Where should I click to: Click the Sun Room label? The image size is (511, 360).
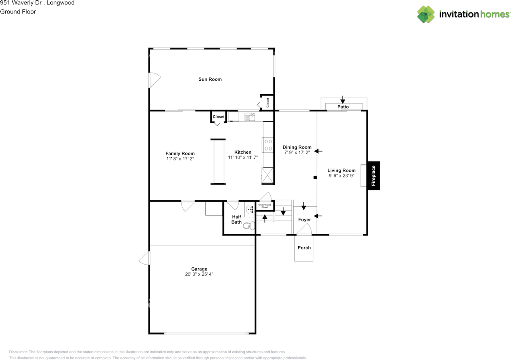click(x=210, y=79)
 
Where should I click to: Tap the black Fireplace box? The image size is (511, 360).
click(x=373, y=176)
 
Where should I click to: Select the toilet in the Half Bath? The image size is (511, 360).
click(x=249, y=225)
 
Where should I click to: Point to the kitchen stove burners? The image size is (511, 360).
click(x=268, y=145)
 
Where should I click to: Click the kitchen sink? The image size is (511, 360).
click(x=250, y=117)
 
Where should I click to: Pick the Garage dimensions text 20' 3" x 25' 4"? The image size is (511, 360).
click(x=199, y=274)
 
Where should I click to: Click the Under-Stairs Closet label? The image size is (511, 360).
click(x=265, y=206)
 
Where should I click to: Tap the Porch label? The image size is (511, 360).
click(x=304, y=248)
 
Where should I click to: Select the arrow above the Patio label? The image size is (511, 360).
click(x=343, y=99)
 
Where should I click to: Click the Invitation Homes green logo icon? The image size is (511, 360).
click(x=426, y=14)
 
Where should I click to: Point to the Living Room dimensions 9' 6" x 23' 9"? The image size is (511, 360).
click(x=341, y=176)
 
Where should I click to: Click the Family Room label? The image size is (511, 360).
click(x=180, y=154)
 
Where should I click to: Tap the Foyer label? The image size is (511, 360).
click(x=304, y=220)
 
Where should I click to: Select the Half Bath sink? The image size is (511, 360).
click(x=250, y=209)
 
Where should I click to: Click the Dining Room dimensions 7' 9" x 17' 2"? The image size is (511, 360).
click(x=297, y=152)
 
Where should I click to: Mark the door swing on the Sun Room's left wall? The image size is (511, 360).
click(x=154, y=80)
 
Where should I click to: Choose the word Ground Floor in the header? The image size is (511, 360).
click(x=18, y=12)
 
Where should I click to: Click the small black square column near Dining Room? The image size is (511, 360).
click(x=315, y=178)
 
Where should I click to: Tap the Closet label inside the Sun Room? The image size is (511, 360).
click(x=268, y=103)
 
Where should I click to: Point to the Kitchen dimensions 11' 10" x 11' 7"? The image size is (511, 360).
click(x=243, y=157)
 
